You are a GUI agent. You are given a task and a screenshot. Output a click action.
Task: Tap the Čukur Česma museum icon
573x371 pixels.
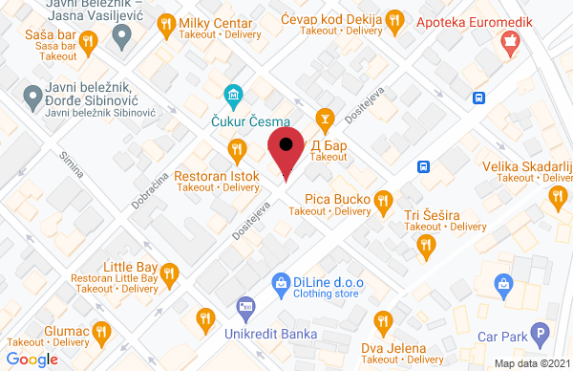pyautogui.click(x=232, y=96)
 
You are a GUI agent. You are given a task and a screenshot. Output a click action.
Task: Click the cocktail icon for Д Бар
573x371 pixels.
pyautogui.click(x=325, y=119)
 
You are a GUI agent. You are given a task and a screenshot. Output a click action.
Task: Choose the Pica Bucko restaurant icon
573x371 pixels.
pyautogui.click(x=383, y=200)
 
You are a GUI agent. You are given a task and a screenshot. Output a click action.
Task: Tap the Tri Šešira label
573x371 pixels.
pyautogui.click(x=432, y=214)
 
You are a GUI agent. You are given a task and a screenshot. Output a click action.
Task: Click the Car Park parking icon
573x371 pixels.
pyautogui.click(x=541, y=337)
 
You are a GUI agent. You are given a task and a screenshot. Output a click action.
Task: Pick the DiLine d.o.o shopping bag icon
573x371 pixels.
pyautogui.click(x=281, y=282)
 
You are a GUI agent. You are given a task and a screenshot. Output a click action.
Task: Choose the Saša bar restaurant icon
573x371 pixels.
pyautogui.click(x=89, y=40)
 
